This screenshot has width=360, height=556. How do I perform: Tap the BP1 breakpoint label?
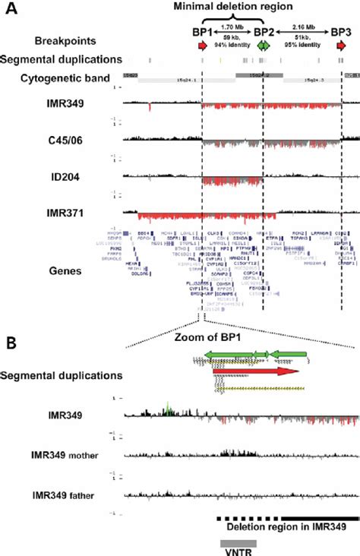(202, 33)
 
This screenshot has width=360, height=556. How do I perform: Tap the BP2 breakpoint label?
(264, 33)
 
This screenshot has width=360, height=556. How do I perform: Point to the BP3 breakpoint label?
(339, 33)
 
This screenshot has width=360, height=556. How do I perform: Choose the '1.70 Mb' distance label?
(232, 26)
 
